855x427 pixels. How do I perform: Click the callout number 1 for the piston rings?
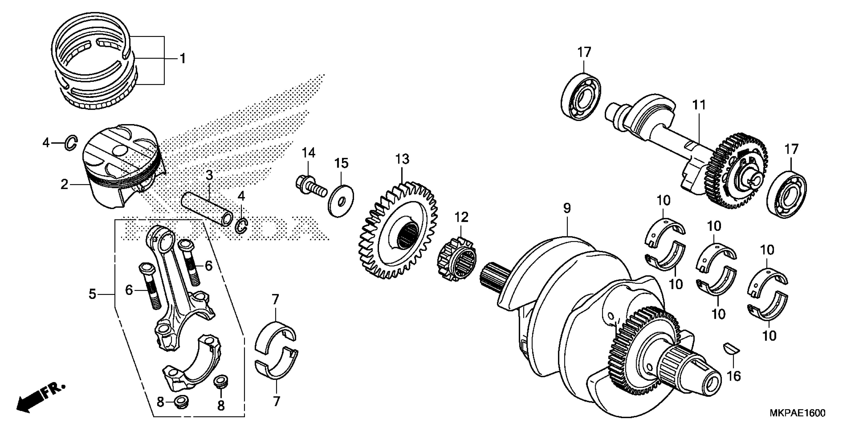coord(182,59)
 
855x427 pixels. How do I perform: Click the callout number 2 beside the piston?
coord(64,184)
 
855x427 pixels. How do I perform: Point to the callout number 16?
coord(734,376)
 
